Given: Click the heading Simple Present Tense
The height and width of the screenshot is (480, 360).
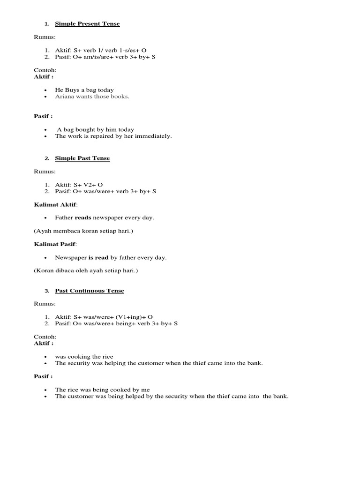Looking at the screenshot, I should point(87,24).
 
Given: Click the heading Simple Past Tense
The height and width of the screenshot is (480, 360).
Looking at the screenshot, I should point(82,158).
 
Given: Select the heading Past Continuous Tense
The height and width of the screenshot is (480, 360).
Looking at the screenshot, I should point(89,291).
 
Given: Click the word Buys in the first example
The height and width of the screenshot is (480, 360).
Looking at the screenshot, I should point(72,90).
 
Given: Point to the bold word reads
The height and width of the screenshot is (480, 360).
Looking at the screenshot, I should point(83,217).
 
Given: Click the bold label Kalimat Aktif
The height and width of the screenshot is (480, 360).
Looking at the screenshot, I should point(55,204).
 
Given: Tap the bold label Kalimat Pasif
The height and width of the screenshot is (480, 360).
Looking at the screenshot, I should point(55,244).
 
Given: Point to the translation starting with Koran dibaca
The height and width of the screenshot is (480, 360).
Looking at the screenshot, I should point(86,271).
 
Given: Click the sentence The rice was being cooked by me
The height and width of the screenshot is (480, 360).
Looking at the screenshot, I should point(102,390).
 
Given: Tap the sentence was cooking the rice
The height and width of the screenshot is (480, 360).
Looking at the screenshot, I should point(84,357).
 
